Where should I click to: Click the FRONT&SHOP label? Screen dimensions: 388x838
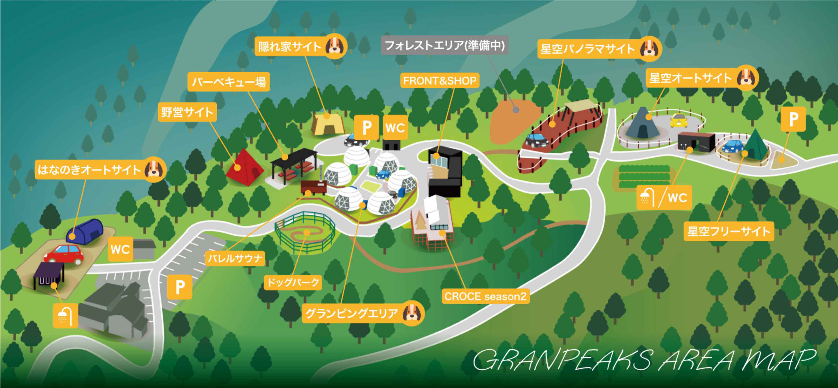(440, 81)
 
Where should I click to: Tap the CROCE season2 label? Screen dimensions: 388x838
(485, 296)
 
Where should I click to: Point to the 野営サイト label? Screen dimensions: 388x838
(187, 112)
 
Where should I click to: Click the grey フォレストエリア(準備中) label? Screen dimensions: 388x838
(444, 45)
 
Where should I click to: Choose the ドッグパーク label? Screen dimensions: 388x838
(293, 282)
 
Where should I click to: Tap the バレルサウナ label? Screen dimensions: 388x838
(235, 258)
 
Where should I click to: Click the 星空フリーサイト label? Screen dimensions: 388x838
(728, 231)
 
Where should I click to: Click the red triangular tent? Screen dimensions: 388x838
(244, 167)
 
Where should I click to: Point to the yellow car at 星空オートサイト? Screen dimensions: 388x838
(679, 121)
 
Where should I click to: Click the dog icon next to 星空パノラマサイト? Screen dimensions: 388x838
(649, 49)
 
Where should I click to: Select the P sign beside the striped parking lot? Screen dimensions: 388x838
(180, 287)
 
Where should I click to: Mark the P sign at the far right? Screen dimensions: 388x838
(793, 119)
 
